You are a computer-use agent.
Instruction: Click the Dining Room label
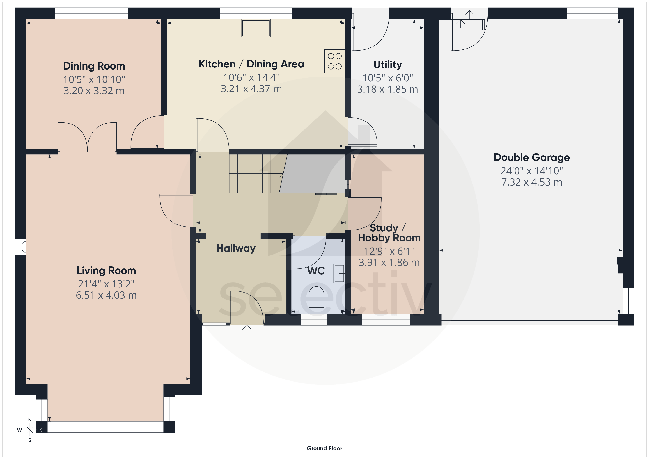(x=94, y=66)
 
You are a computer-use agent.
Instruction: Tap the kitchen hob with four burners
(x=335, y=61)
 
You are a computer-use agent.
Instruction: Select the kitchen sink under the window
(x=256, y=28)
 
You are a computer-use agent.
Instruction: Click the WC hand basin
(x=339, y=273)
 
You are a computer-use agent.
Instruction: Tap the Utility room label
(x=388, y=65)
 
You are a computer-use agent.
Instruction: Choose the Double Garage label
(x=532, y=157)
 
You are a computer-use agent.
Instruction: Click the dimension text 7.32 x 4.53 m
(x=532, y=182)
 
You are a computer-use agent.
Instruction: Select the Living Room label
(x=106, y=271)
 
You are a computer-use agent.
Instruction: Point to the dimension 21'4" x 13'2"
(x=106, y=284)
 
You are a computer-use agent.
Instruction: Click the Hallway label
(x=236, y=248)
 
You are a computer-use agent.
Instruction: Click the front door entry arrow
(x=247, y=329)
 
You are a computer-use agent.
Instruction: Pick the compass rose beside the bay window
(x=30, y=430)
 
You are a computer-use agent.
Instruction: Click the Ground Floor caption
(x=324, y=448)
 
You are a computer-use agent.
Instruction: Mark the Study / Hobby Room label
(x=389, y=233)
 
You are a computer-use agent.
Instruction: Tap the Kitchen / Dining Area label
(x=251, y=64)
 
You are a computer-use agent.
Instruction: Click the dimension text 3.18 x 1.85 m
(x=388, y=89)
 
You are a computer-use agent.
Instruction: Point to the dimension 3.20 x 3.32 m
(x=94, y=91)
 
